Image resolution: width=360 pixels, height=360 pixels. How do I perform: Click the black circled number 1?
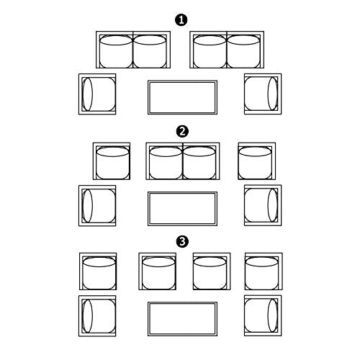click(x=181, y=20)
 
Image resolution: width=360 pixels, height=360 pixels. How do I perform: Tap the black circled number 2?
click(x=182, y=132)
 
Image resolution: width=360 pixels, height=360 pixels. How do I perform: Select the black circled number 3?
click(x=182, y=241)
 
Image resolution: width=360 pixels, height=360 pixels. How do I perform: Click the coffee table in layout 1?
click(x=182, y=97)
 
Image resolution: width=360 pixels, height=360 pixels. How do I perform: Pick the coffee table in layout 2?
click(x=182, y=209)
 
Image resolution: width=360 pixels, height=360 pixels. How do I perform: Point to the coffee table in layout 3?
click(x=182, y=319)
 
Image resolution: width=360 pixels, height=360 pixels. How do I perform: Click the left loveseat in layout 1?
click(x=133, y=50)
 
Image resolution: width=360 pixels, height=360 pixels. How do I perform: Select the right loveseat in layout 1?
click(x=227, y=50)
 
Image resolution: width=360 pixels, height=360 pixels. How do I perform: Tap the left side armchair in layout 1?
click(x=97, y=94)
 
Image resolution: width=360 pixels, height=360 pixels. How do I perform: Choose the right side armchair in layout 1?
click(x=263, y=94)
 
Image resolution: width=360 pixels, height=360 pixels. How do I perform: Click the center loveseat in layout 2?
click(x=183, y=161)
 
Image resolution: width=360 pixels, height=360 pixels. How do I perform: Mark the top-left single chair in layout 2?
click(x=112, y=161)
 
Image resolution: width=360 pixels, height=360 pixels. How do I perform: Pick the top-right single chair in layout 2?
click(x=257, y=161)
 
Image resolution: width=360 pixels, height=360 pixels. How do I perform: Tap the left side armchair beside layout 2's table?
click(x=97, y=205)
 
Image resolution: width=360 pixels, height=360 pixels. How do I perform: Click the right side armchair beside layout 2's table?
click(x=263, y=205)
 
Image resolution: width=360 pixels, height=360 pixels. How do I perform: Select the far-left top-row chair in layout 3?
click(x=98, y=271)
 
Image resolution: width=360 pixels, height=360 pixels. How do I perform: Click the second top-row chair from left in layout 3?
click(x=157, y=271)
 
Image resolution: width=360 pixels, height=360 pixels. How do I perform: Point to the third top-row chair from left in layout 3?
click(x=212, y=271)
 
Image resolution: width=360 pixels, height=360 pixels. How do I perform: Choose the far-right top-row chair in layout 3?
click(x=264, y=271)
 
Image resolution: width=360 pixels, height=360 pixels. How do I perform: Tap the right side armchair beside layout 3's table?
click(x=263, y=315)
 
